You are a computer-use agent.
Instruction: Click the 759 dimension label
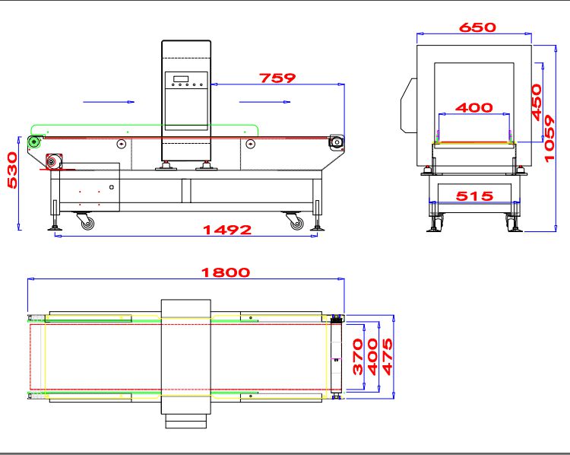(x=277, y=78)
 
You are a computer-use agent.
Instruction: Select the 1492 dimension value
(x=227, y=230)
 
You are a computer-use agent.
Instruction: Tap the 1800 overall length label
(x=226, y=272)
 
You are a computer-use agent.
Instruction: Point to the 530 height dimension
(x=13, y=170)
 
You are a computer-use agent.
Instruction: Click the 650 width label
(x=477, y=27)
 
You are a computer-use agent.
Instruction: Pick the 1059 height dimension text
(x=549, y=138)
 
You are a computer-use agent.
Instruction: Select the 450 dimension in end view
(x=537, y=102)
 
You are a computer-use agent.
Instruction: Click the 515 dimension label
(x=474, y=196)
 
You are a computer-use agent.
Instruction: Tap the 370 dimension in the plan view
(x=358, y=357)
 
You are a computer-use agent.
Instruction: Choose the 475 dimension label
(x=388, y=357)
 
